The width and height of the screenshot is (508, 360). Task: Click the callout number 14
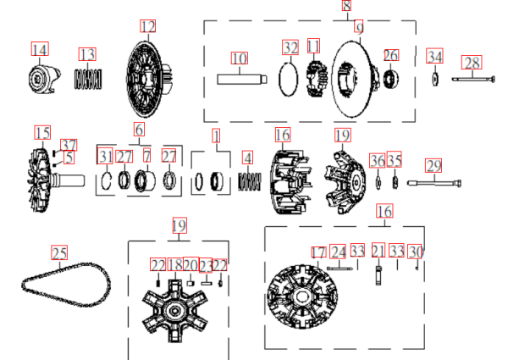pos(40,50)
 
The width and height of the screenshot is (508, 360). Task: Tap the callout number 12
pos(147,27)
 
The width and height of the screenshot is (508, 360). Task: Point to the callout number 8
pos(346,6)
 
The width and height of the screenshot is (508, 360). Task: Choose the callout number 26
pos(390,55)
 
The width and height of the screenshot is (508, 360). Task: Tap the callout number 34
pos(434,57)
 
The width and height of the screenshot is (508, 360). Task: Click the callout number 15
pos(42,132)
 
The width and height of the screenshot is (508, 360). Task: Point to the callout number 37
pos(69,146)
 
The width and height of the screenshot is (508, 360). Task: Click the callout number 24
pos(338,252)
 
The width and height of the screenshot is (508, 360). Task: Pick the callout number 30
pos(414,252)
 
